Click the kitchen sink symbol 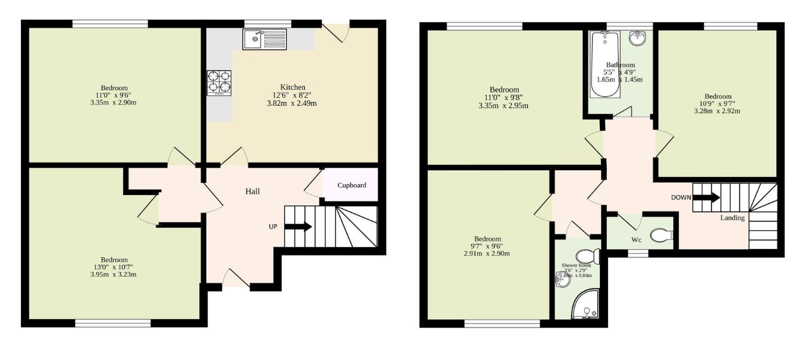(x=265, y=40)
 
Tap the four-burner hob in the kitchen (x=219, y=83)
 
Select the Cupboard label (x=351, y=185)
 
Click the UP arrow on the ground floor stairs (x=298, y=227)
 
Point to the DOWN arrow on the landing (x=706, y=197)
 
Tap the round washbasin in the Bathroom (x=637, y=38)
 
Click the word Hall (x=252, y=191)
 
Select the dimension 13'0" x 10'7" (x=113, y=267)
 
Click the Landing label (x=732, y=218)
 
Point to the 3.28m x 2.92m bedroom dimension (x=717, y=110)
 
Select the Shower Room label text (x=576, y=265)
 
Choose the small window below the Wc (x=638, y=254)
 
